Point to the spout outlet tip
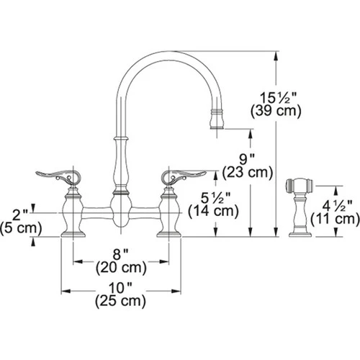point(218,124)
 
